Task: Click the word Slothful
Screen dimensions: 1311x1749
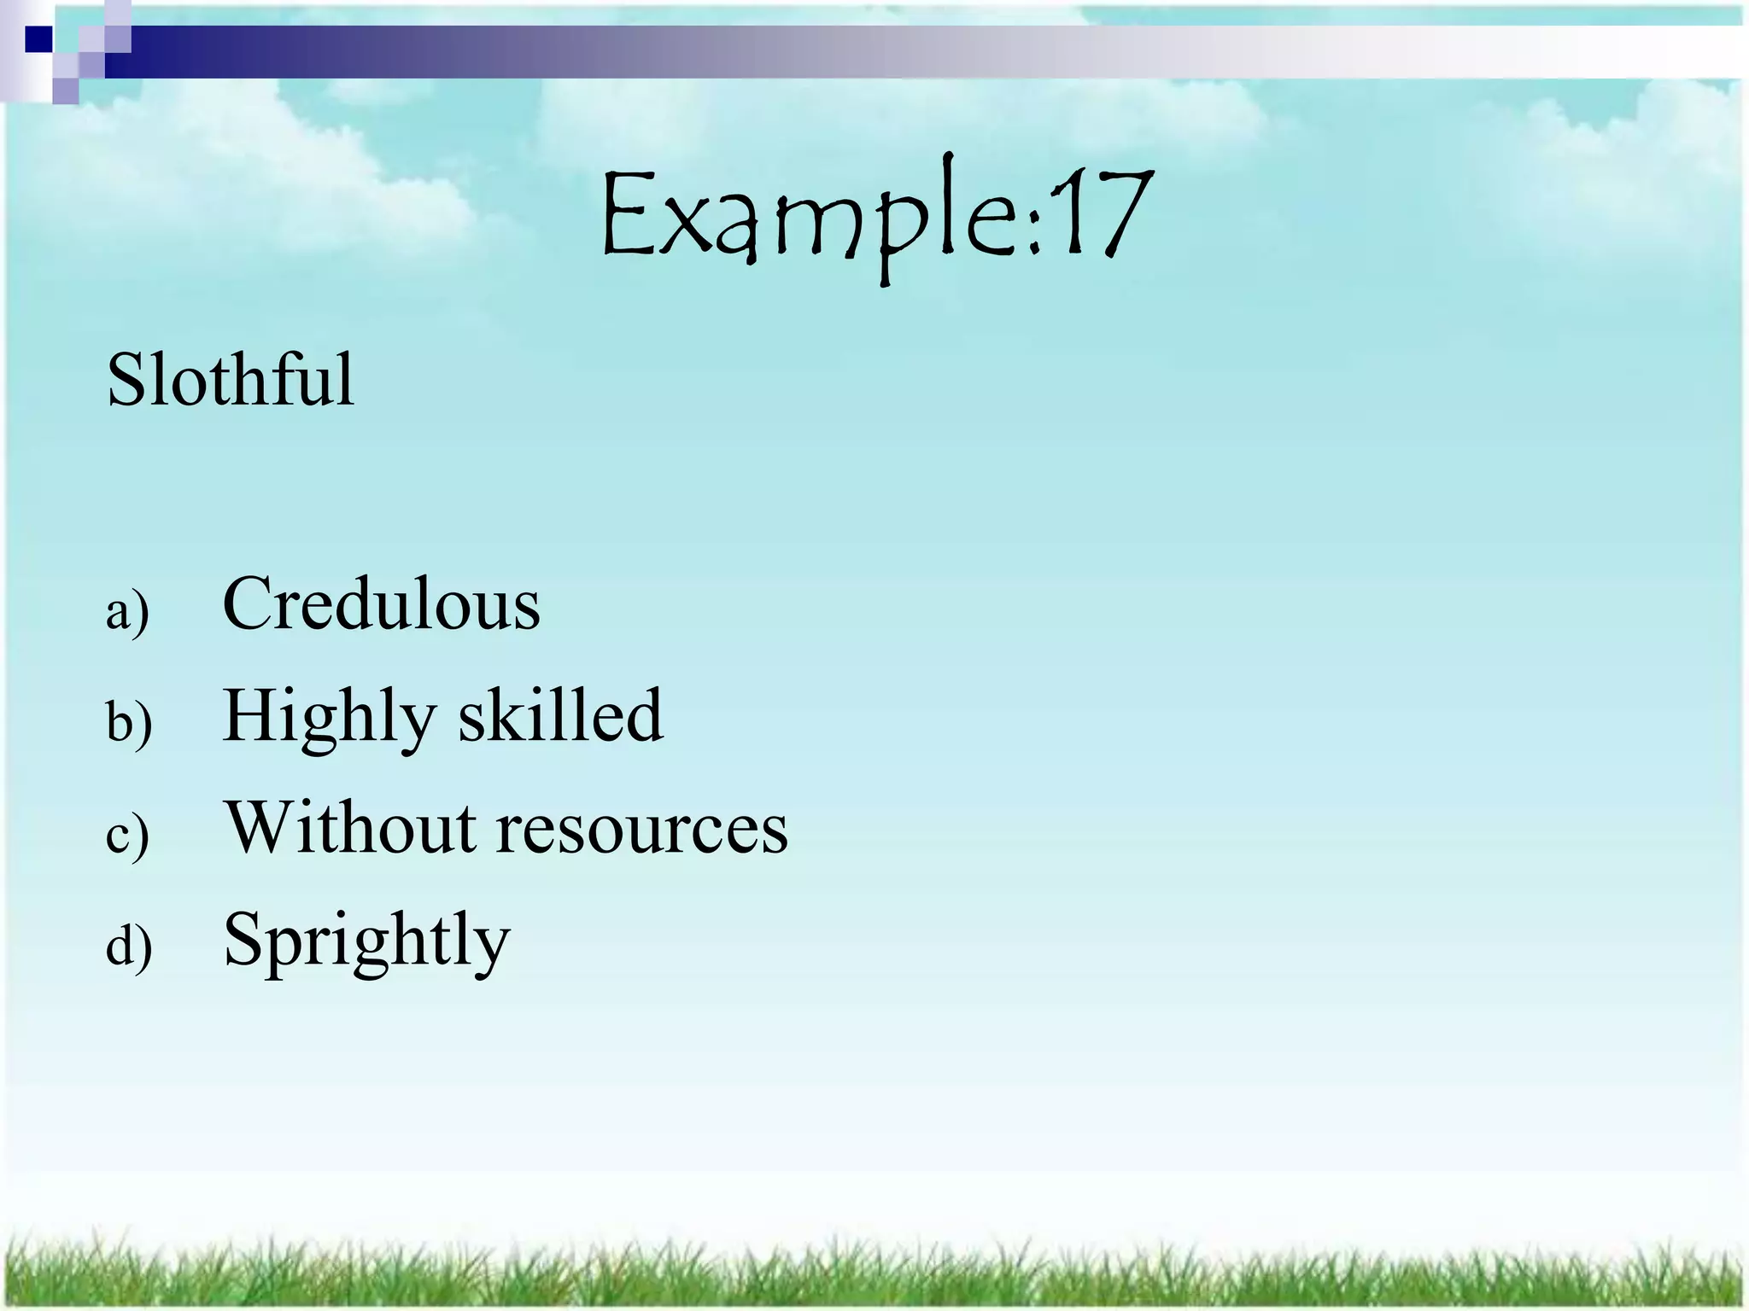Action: click(230, 380)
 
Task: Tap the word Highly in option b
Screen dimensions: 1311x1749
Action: click(329, 717)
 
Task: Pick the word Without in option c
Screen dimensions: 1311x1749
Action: click(350, 827)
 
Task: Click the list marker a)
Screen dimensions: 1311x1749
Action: click(127, 612)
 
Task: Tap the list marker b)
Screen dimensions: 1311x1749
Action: click(129, 723)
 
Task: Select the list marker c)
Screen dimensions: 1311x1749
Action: click(127, 835)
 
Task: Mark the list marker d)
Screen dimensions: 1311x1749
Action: click(129, 946)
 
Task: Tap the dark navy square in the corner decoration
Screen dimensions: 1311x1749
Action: click(38, 39)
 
